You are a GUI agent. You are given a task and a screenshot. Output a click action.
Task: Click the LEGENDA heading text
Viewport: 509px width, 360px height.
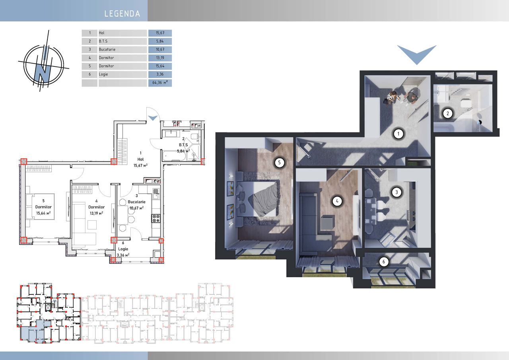click(122, 14)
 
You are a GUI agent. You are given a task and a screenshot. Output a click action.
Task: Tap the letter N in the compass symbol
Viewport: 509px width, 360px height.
click(42, 73)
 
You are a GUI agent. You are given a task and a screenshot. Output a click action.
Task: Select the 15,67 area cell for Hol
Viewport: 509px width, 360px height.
click(160, 33)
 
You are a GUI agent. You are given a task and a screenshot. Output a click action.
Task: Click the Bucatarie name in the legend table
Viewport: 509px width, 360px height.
click(107, 50)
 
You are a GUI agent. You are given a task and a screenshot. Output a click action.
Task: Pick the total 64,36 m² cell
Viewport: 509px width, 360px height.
click(160, 83)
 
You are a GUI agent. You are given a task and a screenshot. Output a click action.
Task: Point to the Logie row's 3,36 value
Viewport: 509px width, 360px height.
click(160, 74)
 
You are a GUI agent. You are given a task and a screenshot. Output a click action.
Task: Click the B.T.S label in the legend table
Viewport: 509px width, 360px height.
click(103, 41)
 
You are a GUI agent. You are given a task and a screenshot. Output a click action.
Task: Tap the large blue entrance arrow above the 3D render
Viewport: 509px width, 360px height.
click(417, 54)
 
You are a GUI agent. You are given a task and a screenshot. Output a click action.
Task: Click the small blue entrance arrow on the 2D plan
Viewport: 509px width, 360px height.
click(153, 118)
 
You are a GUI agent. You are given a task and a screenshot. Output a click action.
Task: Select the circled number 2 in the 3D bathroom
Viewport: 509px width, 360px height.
click(448, 113)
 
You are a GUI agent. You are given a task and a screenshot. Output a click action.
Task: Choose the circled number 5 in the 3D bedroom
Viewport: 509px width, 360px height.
click(279, 163)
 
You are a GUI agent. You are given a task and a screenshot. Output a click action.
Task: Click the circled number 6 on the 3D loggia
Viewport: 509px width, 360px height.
click(384, 262)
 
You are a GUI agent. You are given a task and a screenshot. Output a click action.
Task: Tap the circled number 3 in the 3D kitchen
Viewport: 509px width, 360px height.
click(396, 192)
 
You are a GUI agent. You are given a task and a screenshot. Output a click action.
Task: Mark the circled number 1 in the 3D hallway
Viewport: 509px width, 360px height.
click(398, 134)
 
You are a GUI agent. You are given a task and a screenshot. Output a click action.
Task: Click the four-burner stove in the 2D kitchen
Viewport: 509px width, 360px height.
click(156, 218)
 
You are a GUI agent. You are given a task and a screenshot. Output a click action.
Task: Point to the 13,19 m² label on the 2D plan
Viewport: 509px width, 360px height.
click(96, 213)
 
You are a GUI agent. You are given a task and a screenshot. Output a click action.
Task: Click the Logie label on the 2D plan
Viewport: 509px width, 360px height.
click(123, 249)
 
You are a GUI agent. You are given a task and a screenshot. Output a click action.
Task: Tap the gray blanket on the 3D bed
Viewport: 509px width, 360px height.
click(264, 200)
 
